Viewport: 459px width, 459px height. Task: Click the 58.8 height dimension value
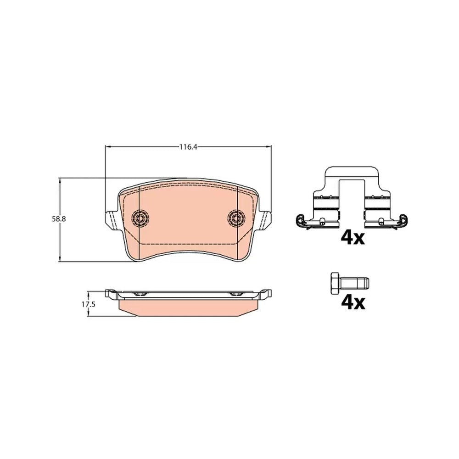(x=59, y=219)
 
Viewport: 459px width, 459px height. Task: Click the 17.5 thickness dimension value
(x=89, y=304)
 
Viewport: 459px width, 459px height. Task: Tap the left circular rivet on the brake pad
(x=140, y=218)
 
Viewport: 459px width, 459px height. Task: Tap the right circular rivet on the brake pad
(x=236, y=218)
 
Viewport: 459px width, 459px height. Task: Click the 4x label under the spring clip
(x=353, y=238)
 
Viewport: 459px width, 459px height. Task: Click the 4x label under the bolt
(x=353, y=303)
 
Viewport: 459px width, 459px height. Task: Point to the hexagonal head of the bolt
(x=336, y=283)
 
